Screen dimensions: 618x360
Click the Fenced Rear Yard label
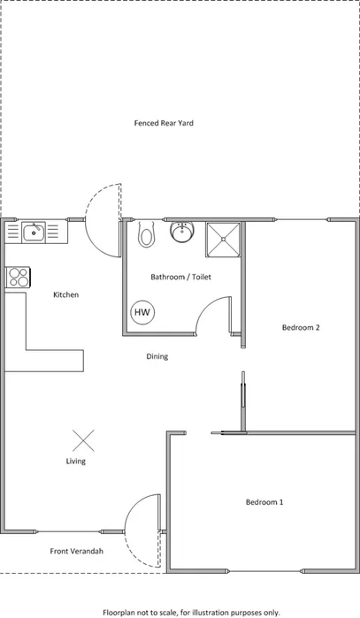(164, 123)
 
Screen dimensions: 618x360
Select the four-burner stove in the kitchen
(17, 277)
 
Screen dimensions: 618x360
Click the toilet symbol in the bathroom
(146, 235)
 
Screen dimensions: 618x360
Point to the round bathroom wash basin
(180, 233)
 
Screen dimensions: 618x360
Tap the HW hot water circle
(141, 312)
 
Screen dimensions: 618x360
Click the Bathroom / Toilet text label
(180, 277)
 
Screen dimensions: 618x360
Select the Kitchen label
(66, 294)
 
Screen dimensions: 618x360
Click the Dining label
(157, 356)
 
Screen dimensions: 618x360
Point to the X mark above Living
(83, 439)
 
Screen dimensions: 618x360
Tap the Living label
(76, 461)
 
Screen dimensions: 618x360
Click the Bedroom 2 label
(300, 327)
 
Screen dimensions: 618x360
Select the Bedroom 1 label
(264, 502)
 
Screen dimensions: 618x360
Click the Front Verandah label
(76, 551)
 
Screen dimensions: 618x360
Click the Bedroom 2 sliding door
(241, 402)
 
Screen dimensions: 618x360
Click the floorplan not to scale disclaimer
(191, 611)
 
